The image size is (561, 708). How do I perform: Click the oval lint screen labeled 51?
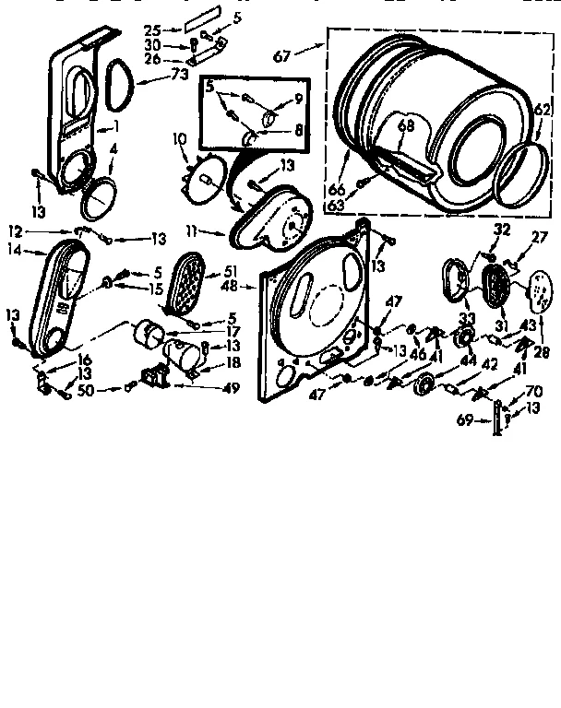(192, 285)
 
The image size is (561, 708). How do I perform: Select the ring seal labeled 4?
(99, 195)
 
